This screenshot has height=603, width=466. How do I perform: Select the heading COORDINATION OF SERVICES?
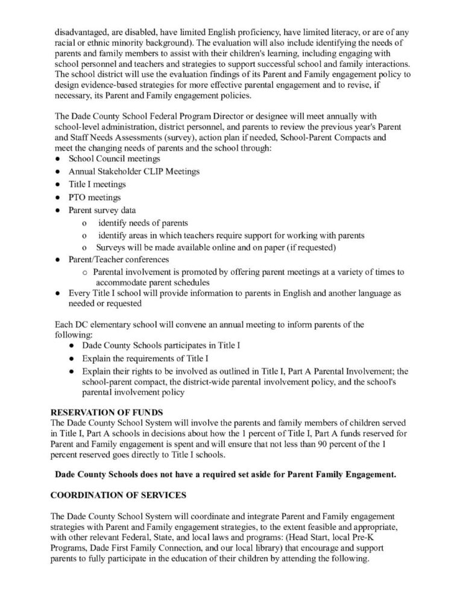(x=111, y=496)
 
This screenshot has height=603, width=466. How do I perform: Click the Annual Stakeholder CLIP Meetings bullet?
(x=134, y=172)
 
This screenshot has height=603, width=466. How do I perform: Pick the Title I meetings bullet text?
(x=97, y=185)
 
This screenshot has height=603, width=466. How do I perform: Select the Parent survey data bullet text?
(x=102, y=210)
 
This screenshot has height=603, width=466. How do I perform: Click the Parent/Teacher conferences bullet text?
(x=118, y=260)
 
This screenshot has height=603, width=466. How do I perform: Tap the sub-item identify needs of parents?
(x=143, y=223)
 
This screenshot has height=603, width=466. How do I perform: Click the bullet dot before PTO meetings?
(x=55, y=198)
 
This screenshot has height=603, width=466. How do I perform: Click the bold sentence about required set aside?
(x=225, y=474)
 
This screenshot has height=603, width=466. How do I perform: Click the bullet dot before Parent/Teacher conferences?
(x=55, y=260)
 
